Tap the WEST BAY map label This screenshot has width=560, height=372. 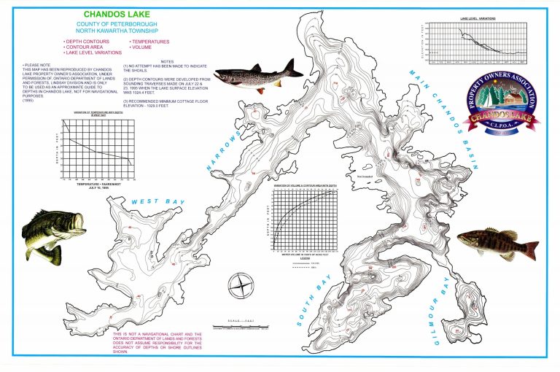click(x=157, y=201)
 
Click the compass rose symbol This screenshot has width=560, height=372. click(x=241, y=284)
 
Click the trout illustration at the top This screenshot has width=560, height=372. click(x=260, y=73)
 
